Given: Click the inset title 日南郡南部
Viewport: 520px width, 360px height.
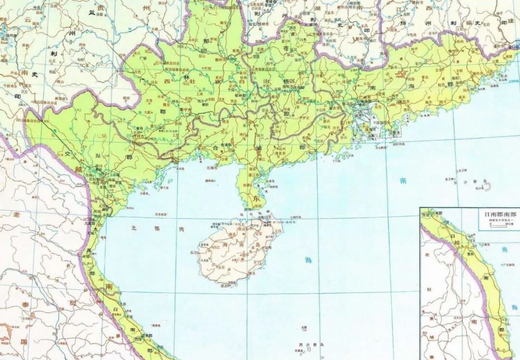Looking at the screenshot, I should pos(495,215).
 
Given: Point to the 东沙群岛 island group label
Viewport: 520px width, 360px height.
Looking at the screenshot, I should pos(483,185).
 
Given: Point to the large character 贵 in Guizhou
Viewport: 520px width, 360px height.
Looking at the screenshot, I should pos(100,7).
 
